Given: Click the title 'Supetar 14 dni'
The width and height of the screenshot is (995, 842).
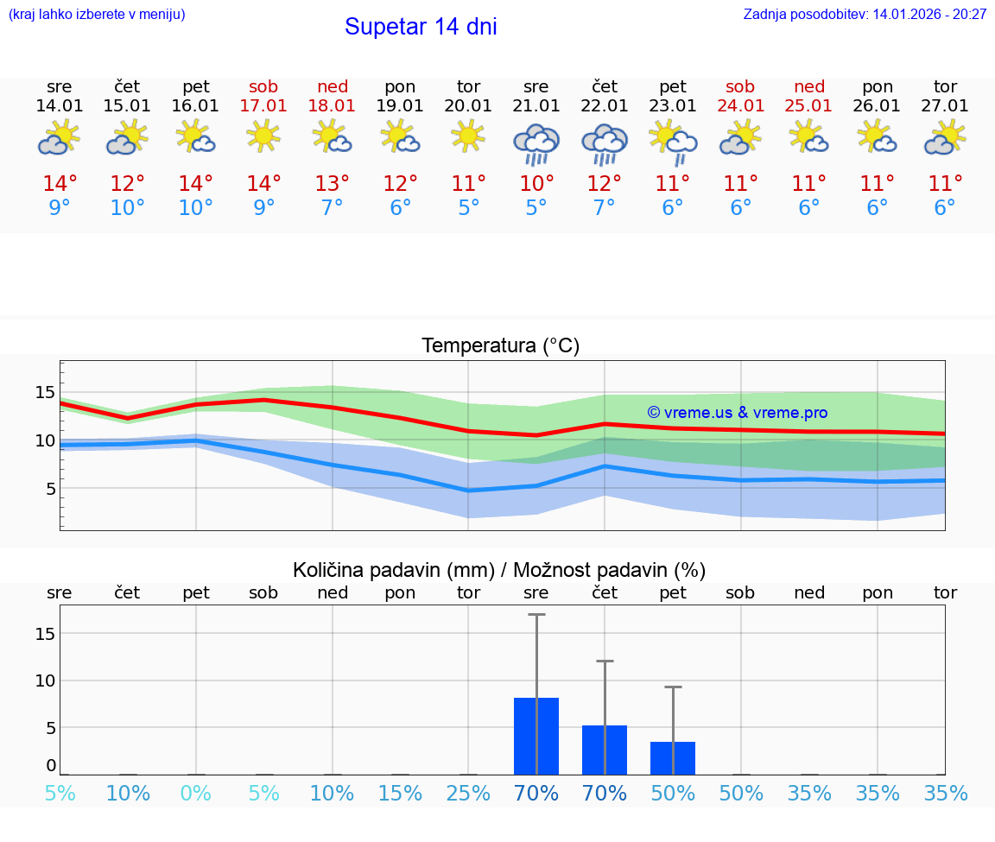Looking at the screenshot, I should click(421, 27).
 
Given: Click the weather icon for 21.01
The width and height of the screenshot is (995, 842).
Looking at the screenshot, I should click(536, 143).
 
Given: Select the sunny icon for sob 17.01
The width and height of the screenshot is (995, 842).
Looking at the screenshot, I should click(263, 136).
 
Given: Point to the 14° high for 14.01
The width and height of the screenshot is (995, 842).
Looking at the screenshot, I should click(60, 184).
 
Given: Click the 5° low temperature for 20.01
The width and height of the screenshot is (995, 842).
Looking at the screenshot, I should click(468, 208).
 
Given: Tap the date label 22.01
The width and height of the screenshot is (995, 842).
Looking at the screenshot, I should click(605, 106).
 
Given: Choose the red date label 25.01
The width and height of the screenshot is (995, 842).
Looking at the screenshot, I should click(809, 106).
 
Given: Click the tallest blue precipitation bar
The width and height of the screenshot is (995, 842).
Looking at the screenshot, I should click(536, 736).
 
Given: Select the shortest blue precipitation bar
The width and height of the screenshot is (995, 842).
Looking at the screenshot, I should click(673, 757).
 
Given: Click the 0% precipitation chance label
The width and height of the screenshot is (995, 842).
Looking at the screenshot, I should click(196, 794).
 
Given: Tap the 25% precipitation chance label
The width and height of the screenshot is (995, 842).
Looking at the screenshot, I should click(468, 794).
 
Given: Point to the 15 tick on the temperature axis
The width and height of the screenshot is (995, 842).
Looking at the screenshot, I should click(45, 393).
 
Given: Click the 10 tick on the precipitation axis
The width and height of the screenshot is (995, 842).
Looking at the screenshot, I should click(45, 681).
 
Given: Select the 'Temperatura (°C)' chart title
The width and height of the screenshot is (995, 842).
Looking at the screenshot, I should click(500, 345).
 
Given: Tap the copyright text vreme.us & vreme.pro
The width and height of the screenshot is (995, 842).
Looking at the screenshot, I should click(737, 413).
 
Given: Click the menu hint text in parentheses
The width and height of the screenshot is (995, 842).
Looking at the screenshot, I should click(97, 14).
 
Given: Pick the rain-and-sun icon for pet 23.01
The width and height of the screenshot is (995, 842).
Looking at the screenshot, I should click(673, 142).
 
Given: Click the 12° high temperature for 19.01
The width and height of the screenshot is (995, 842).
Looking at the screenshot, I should click(400, 184).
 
